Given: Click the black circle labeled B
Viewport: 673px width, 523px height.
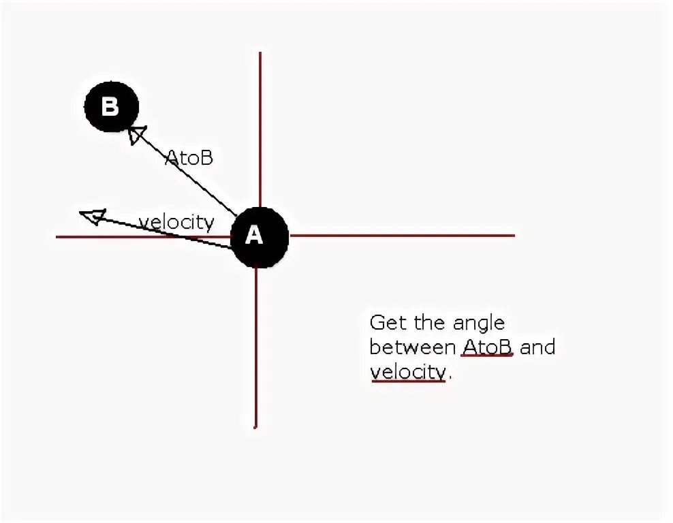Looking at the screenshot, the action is (111, 107).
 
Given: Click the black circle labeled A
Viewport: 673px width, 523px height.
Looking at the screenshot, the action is (258, 236).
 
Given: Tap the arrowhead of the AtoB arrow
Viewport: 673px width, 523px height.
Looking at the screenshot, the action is (136, 133).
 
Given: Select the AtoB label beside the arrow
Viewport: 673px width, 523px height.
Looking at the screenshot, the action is (189, 158).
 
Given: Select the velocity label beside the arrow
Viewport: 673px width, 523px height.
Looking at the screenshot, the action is (176, 222).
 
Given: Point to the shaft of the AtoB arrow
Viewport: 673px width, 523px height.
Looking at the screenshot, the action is (187, 174).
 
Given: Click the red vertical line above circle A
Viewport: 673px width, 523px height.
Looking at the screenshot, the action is (260, 129).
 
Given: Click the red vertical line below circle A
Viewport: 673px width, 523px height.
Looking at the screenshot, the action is (256, 347).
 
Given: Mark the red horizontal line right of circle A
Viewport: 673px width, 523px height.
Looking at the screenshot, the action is (402, 236).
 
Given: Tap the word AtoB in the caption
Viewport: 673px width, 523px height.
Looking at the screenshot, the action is (487, 347).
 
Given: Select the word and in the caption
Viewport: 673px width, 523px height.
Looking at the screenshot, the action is (538, 347).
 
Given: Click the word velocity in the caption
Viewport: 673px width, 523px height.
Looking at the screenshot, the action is (408, 372).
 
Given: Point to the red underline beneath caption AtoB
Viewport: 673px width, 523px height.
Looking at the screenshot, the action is (487, 355).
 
